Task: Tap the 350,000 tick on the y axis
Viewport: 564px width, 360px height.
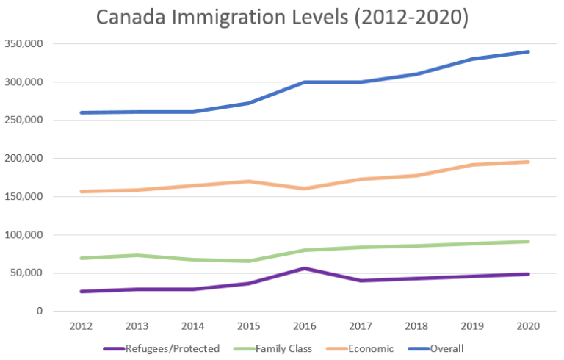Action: click(23, 44)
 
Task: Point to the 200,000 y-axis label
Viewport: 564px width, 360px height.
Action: click(23, 159)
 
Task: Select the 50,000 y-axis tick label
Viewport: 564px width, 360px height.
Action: click(26, 273)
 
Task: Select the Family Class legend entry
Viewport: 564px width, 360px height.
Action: click(278, 349)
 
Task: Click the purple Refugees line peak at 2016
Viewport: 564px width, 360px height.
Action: click(304, 268)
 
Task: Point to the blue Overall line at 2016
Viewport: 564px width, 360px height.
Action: click(304, 82)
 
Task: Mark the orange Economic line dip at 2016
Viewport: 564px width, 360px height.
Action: click(304, 189)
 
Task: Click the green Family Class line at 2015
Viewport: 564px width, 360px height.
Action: click(248, 261)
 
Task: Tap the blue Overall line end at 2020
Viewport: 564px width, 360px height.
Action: click(528, 52)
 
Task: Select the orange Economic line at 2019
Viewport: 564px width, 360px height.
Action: click(472, 165)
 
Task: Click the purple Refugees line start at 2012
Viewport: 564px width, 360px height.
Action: click(81, 292)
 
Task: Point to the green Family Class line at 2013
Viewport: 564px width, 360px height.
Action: click(137, 255)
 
